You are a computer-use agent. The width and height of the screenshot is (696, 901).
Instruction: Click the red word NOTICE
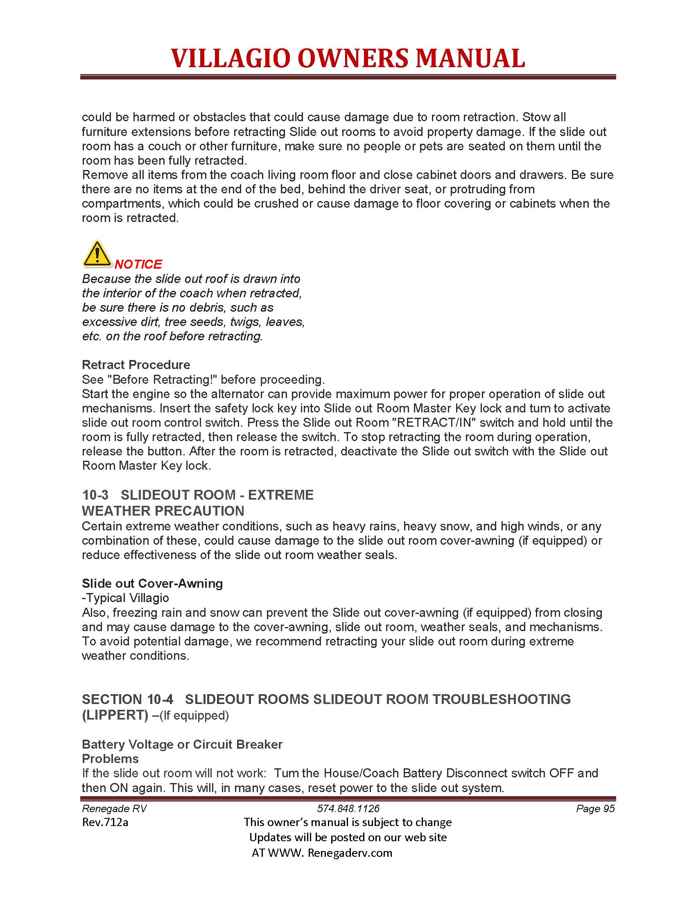(x=138, y=264)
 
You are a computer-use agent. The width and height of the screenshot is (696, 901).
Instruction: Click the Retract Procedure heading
(x=136, y=364)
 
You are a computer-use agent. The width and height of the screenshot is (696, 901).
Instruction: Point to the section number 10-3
(x=95, y=495)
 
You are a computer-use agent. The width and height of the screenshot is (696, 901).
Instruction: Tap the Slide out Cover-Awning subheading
(x=152, y=583)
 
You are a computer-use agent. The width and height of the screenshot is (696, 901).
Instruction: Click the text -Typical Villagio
(x=125, y=598)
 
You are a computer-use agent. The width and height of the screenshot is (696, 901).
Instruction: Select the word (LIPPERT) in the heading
(x=115, y=715)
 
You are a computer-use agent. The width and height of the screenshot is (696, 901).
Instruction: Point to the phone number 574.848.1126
(x=348, y=808)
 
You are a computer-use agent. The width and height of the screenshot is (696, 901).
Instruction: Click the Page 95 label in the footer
(x=595, y=808)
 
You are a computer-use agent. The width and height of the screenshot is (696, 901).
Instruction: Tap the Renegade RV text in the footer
(x=114, y=808)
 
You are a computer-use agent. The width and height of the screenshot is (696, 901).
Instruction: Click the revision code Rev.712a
(x=105, y=822)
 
